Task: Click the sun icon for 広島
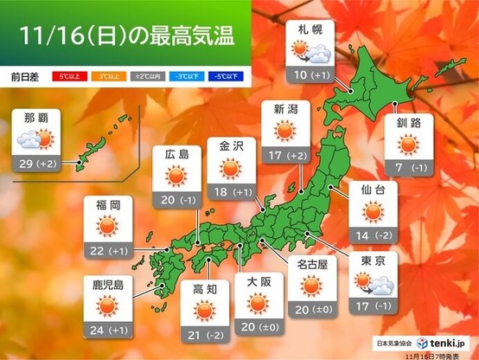pyautogui.click(x=176, y=177)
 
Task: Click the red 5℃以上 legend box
pyautogui.click(x=65, y=76)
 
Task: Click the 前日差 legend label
pyautogui.click(x=27, y=76)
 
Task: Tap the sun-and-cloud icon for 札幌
pyautogui.click(x=310, y=55)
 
